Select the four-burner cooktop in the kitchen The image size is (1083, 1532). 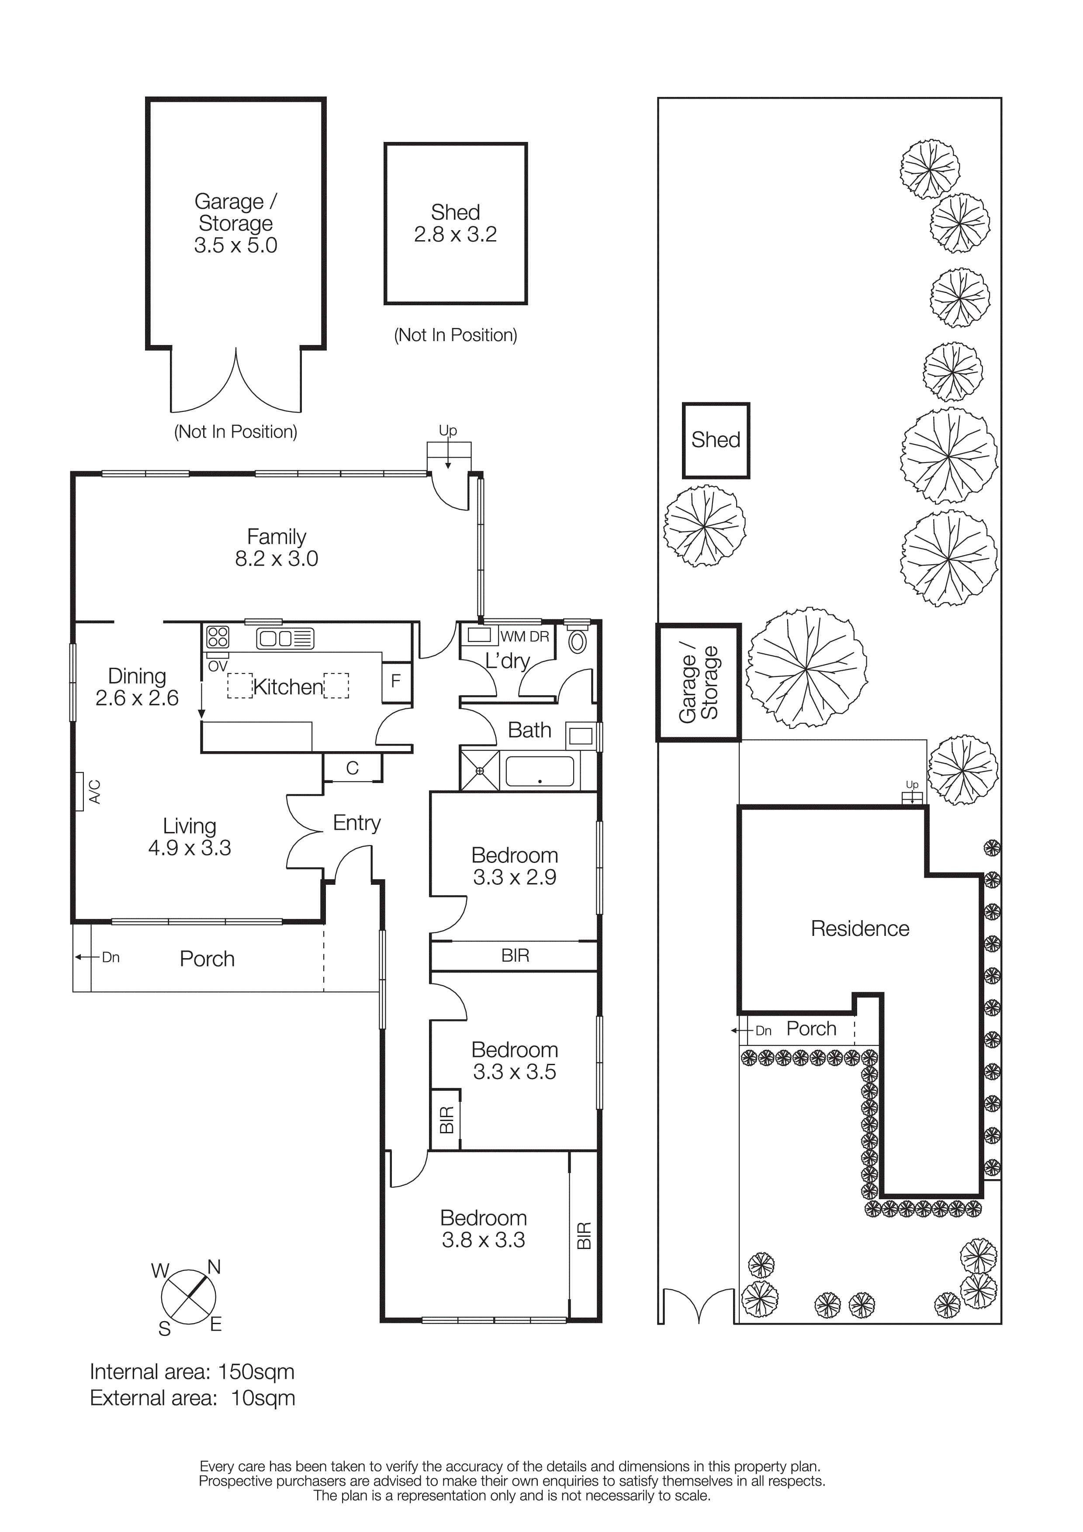218,637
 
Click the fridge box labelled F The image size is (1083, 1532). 396,681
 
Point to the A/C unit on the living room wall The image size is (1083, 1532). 80,791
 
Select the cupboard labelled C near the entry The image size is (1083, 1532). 352,768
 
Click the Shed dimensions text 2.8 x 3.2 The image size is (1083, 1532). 455,234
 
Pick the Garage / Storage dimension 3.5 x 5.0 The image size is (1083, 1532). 235,245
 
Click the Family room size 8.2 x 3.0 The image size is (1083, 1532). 276,559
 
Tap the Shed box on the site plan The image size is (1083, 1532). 715,440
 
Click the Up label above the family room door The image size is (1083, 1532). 448,431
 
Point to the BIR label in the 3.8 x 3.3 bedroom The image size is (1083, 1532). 583,1235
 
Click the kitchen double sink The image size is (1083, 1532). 285,638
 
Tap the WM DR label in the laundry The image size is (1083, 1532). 525,637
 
